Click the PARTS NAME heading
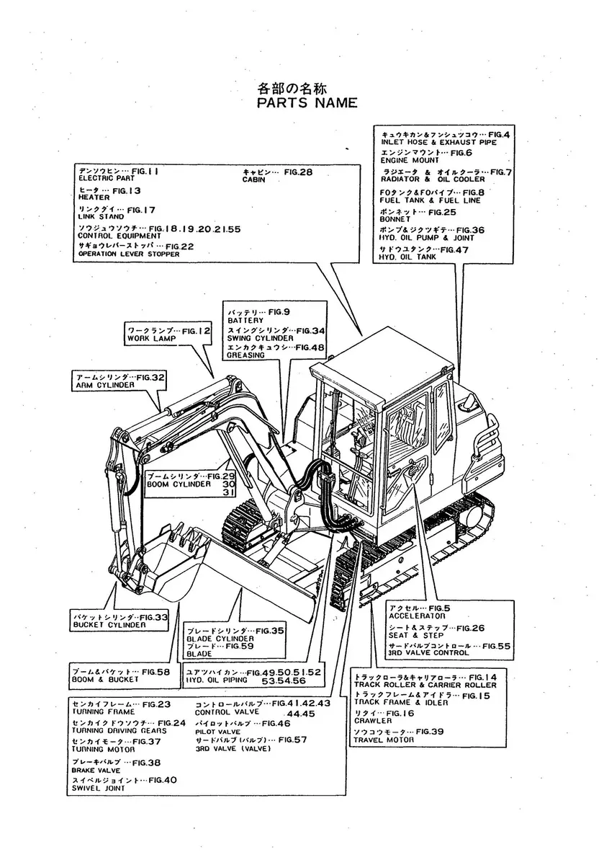point(307,103)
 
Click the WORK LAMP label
point(147,338)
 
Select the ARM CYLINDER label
point(105,386)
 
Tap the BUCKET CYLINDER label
point(109,625)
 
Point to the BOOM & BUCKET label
point(104,679)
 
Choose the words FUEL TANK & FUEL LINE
point(430,200)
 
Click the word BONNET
point(396,220)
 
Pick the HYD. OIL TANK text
point(407,257)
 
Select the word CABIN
point(253,180)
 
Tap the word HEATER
point(94,197)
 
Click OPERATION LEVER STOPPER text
point(126,254)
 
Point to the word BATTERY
point(245,319)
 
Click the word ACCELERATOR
point(417,616)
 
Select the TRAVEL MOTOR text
point(384,740)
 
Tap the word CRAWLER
point(373,721)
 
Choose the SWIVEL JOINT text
point(98,789)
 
